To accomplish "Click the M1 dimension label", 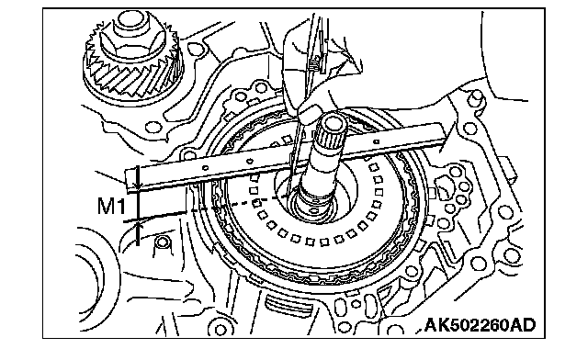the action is click(110, 207).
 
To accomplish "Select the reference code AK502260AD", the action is click(480, 325).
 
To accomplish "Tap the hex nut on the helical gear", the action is click(130, 41).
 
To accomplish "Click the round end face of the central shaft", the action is click(333, 121).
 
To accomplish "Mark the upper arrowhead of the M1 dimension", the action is click(138, 185).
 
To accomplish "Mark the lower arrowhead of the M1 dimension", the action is click(138, 225).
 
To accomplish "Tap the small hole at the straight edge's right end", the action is click(376, 142).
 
